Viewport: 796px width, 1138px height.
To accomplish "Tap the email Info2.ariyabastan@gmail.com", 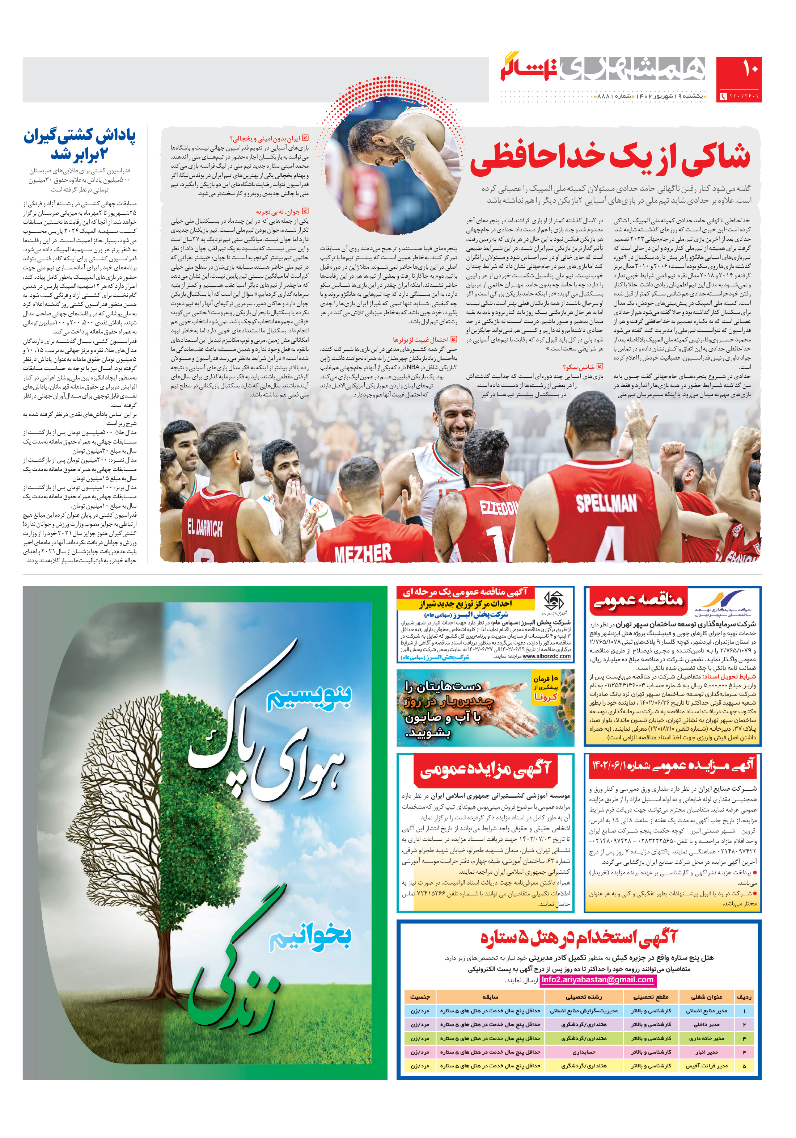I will click(597, 979).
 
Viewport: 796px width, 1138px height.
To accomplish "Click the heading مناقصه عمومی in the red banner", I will click(639, 601).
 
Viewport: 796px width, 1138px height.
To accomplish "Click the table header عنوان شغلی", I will click(707, 997).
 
